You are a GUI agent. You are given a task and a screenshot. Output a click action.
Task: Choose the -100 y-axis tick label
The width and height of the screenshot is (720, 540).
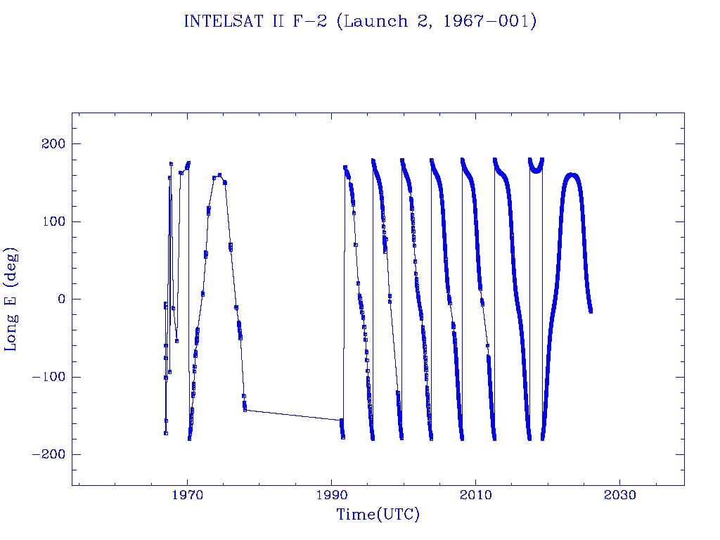tap(49, 377)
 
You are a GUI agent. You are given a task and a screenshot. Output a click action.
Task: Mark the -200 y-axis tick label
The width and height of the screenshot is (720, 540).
tap(49, 454)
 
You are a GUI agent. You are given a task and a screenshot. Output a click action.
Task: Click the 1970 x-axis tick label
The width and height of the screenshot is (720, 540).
tap(188, 496)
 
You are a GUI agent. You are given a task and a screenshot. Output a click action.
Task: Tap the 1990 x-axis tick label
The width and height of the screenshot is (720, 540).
tap(332, 496)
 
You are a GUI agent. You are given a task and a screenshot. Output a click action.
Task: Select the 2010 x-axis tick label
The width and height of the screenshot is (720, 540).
tap(476, 496)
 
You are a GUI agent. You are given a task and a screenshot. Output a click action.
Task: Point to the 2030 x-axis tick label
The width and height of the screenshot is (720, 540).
tap(619, 496)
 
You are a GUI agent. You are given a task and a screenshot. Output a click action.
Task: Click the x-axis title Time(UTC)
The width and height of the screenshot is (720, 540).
tap(378, 515)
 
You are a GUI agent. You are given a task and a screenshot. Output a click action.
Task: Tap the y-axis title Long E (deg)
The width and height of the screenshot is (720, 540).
tap(12, 299)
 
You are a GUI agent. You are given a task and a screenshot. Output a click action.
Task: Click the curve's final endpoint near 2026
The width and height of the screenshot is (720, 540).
tap(590, 310)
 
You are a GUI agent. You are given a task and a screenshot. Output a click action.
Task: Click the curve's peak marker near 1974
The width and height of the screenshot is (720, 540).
tap(219, 175)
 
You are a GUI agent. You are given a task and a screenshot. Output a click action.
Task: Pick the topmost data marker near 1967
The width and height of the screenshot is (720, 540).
tap(171, 164)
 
